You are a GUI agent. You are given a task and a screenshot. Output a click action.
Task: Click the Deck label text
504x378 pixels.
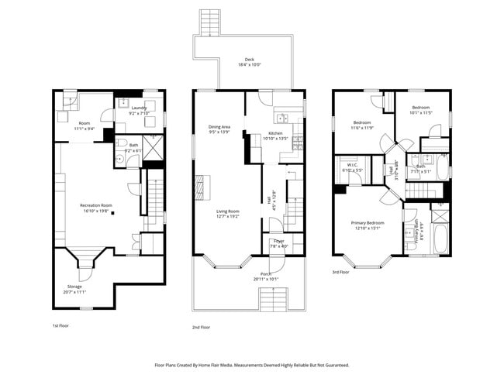click(249, 62)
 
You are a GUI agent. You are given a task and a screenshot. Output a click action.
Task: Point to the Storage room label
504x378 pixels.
click(74, 289)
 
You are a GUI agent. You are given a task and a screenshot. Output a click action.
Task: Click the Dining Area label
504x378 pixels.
click(219, 129)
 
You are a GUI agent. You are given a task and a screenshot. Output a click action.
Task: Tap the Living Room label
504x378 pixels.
click(227, 214)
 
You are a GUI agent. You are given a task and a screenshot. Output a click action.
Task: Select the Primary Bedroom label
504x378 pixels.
click(368, 225)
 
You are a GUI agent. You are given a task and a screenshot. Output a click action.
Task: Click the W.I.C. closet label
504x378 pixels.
click(351, 167)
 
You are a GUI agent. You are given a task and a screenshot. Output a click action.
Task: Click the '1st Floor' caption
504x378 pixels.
click(61, 326)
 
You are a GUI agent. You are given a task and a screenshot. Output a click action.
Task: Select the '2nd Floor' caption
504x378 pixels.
click(202, 328)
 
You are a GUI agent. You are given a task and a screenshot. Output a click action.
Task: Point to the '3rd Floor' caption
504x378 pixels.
click(340, 272)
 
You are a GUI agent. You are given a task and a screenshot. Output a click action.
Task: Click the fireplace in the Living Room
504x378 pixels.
click(199, 186)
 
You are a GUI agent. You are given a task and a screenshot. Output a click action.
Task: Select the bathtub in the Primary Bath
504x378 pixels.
click(438, 239)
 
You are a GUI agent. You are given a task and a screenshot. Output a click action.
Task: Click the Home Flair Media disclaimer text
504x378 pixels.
click(251, 365)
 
